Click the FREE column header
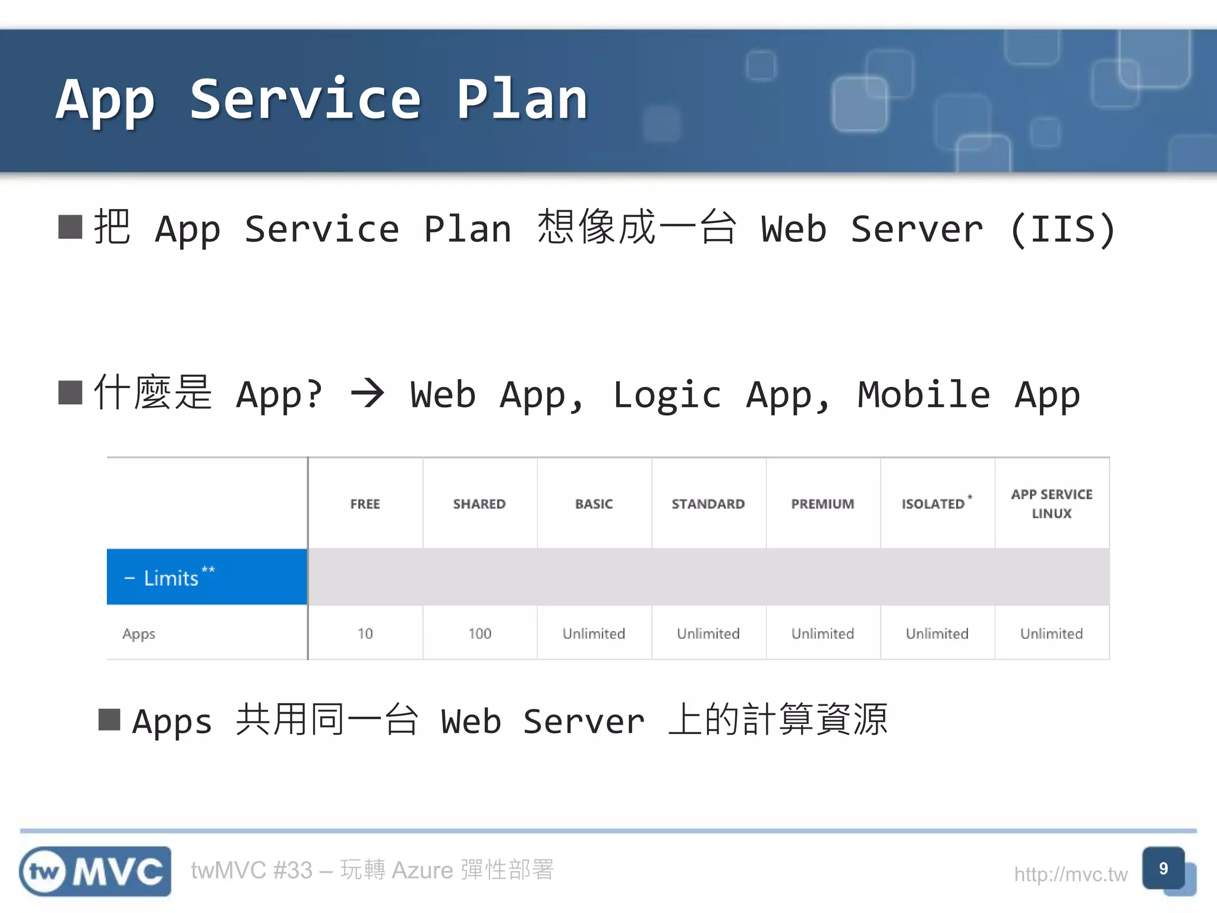365,504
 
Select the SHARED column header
479,504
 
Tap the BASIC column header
594,504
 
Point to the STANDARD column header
708,504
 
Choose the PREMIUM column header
822,504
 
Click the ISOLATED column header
934,504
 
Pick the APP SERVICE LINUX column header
1052,504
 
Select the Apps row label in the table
139,634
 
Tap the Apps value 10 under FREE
365,634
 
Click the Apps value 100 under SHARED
480,634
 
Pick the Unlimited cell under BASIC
594,634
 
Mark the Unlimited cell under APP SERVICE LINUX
1051,634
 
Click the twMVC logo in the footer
95,871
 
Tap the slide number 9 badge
1164,869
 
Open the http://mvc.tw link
1070,874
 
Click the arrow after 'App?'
367,394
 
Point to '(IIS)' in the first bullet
1062,229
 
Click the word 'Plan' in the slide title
522,100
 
